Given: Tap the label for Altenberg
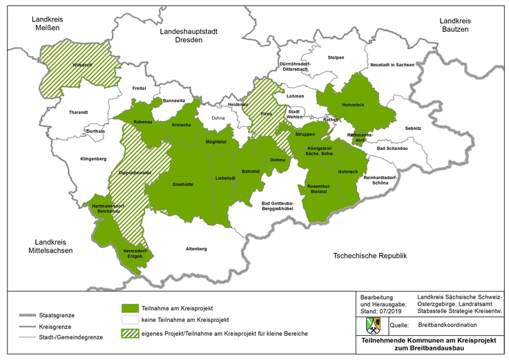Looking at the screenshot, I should pyautogui.click(x=196, y=248).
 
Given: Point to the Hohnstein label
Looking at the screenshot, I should pyautogui.click(x=354, y=105).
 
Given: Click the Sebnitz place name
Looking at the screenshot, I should pyautogui.click(x=413, y=129).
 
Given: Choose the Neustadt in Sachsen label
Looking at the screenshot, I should pyautogui.click(x=392, y=64).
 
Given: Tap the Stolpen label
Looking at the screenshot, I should pyautogui.click(x=336, y=57).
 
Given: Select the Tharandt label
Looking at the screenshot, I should pyautogui.click(x=78, y=112).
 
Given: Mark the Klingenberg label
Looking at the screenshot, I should pyautogui.click(x=93, y=158).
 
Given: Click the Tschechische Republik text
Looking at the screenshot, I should pyautogui.click(x=369, y=256).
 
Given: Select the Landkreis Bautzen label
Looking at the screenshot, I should pyautogui.click(x=454, y=25).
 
